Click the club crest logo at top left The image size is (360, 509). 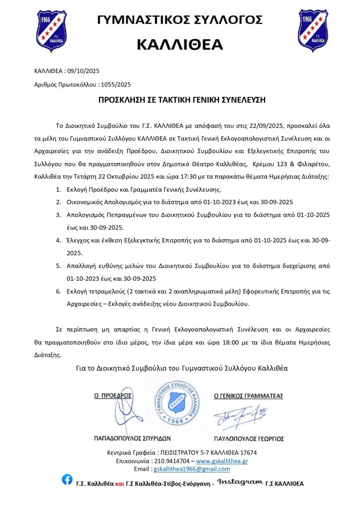click(51, 30)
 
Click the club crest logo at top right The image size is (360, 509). click(313, 30)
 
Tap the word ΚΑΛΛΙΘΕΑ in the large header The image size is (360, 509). click(180, 45)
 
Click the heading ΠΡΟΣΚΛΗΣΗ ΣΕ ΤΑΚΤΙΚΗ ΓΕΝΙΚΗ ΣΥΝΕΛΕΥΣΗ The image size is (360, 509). click(182, 100)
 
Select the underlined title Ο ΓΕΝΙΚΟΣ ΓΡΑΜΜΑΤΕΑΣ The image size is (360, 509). click(248, 396)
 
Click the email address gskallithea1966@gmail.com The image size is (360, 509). click(192, 469)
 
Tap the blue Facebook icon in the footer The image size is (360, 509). click(67, 480)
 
